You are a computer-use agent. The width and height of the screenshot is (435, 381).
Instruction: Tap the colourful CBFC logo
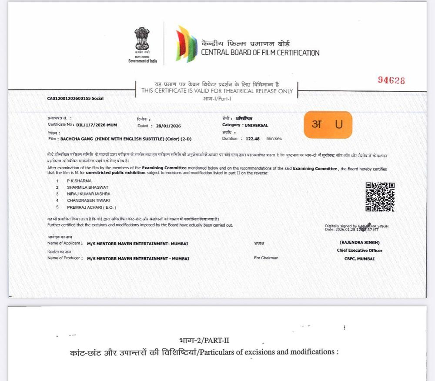[186, 44]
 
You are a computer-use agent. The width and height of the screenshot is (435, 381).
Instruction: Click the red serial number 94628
[391, 80]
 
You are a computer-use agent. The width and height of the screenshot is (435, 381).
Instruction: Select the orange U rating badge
[328, 124]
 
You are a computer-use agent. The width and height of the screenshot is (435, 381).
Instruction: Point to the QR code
[380, 197]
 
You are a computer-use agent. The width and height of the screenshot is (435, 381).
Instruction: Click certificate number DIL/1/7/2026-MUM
[96, 125]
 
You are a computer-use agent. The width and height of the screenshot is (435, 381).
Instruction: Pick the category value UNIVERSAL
[256, 125]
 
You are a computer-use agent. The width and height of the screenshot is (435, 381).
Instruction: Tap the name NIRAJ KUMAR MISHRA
[88, 194]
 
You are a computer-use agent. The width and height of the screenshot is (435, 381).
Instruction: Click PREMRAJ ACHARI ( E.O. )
[91, 207]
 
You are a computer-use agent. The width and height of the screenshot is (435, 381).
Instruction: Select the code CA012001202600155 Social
[75, 98]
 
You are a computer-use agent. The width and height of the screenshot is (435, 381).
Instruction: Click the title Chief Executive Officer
[359, 251]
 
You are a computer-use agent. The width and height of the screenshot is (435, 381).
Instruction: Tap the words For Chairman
[266, 258]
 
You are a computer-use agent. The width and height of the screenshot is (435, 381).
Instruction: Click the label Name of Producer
[64, 258]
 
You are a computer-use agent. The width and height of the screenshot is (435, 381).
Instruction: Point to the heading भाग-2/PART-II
[204, 340]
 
